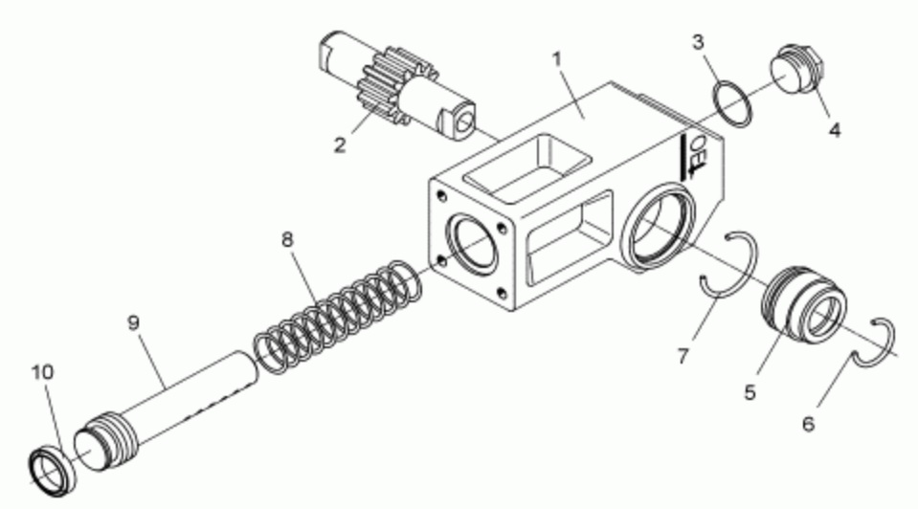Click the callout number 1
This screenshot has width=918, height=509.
[557, 59]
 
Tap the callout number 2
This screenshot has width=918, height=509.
[340, 144]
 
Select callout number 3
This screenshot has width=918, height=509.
[698, 43]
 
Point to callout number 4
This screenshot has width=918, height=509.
[835, 130]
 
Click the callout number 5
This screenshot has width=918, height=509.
[750, 392]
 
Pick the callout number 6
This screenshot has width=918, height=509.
[808, 424]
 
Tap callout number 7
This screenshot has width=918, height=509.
[683, 355]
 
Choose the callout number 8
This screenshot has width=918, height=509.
[287, 239]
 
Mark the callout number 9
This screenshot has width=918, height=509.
[133, 322]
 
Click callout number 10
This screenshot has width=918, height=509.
[42, 372]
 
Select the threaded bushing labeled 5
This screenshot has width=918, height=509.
[803, 304]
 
